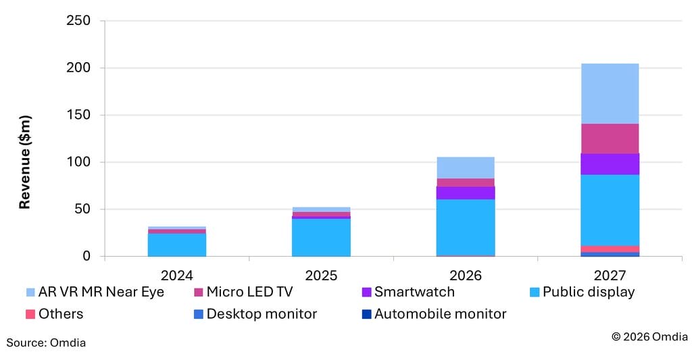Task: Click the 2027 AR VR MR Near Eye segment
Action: (x=610, y=93)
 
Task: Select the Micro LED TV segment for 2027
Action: (x=610, y=138)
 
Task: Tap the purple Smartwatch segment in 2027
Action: (x=610, y=164)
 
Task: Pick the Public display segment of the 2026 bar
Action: (x=465, y=227)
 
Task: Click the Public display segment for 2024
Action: (x=176, y=245)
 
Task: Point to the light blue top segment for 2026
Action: (x=465, y=168)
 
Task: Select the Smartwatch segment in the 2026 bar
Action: (x=465, y=192)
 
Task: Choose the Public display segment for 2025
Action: (x=321, y=237)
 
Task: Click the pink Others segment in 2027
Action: (x=610, y=249)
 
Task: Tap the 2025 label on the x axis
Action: (x=321, y=276)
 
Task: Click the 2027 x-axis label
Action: (x=610, y=276)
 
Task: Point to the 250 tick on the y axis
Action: (x=78, y=21)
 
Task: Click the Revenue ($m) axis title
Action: (x=24, y=162)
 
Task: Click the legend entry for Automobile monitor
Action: (x=440, y=314)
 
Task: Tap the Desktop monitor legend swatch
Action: (x=198, y=314)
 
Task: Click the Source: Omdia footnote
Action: (x=46, y=343)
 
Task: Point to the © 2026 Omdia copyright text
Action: (x=649, y=336)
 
